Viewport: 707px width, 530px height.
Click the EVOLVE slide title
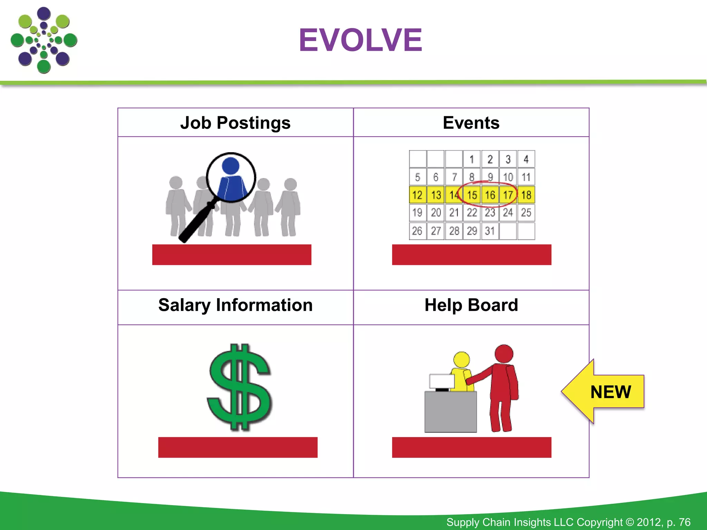tap(360, 40)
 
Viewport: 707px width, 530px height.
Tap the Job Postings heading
tap(235, 123)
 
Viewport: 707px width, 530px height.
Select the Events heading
tap(471, 123)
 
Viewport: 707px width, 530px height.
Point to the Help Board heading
tap(471, 305)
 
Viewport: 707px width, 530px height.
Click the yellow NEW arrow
tap(604, 392)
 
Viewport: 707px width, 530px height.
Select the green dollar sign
tap(239, 387)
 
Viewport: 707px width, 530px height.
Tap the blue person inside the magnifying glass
tap(231, 179)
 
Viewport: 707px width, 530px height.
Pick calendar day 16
tap(490, 195)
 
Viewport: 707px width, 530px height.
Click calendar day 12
tap(417, 195)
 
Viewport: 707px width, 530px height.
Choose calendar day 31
tap(490, 231)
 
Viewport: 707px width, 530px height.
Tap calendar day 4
tap(526, 159)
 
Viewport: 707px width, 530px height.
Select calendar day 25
tap(526, 213)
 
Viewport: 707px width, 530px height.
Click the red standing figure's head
tap(504, 354)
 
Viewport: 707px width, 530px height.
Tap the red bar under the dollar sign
tap(238, 448)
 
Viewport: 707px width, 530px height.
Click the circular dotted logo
tap(44, 40)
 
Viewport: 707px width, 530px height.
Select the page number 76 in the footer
tap(684, 522)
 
